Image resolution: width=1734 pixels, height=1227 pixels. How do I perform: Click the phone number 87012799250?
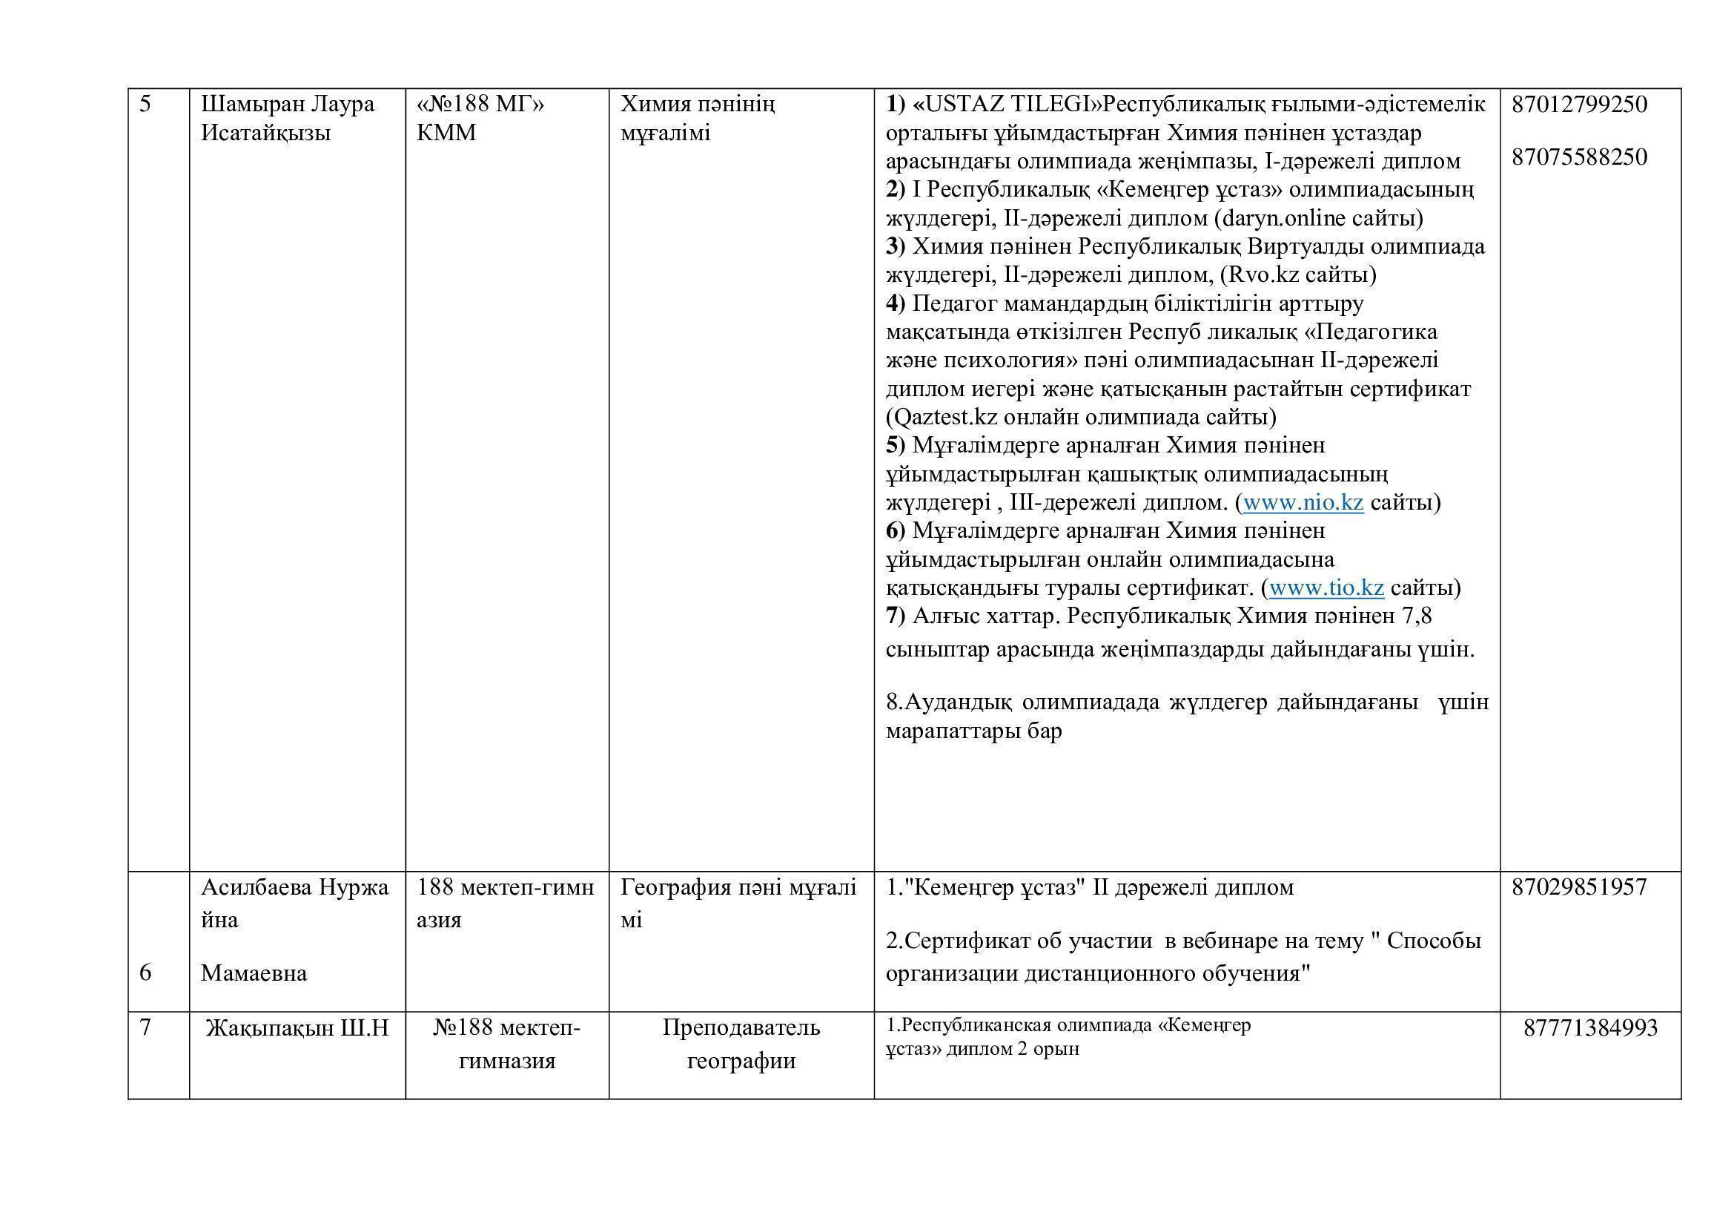tap(1579, 105)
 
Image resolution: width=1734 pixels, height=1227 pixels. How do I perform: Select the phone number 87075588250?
tap(1579, 157)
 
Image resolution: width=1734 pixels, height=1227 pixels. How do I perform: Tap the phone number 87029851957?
tap(1579, 887)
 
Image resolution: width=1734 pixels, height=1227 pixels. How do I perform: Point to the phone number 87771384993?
tap(1590, 1028)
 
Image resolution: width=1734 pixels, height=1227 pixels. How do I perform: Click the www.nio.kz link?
tap(1303, 502)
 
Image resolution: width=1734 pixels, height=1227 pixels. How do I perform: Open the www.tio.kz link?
tap(1326, 588)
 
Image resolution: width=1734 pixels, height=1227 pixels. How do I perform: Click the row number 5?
tap(146, 105)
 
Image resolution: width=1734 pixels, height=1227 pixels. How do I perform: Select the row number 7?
tap(146, 1028)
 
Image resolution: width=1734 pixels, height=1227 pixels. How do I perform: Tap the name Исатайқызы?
tap(266, 134)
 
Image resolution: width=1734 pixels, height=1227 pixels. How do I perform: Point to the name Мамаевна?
tap(254, 973)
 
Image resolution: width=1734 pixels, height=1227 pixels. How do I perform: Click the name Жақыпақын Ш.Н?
tap(297, 1028)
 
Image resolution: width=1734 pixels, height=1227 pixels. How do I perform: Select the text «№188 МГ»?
tap(480, 105)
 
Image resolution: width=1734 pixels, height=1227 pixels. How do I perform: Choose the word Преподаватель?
tap(741, 1028)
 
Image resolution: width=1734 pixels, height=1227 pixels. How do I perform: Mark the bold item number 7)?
tap(896, 616)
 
